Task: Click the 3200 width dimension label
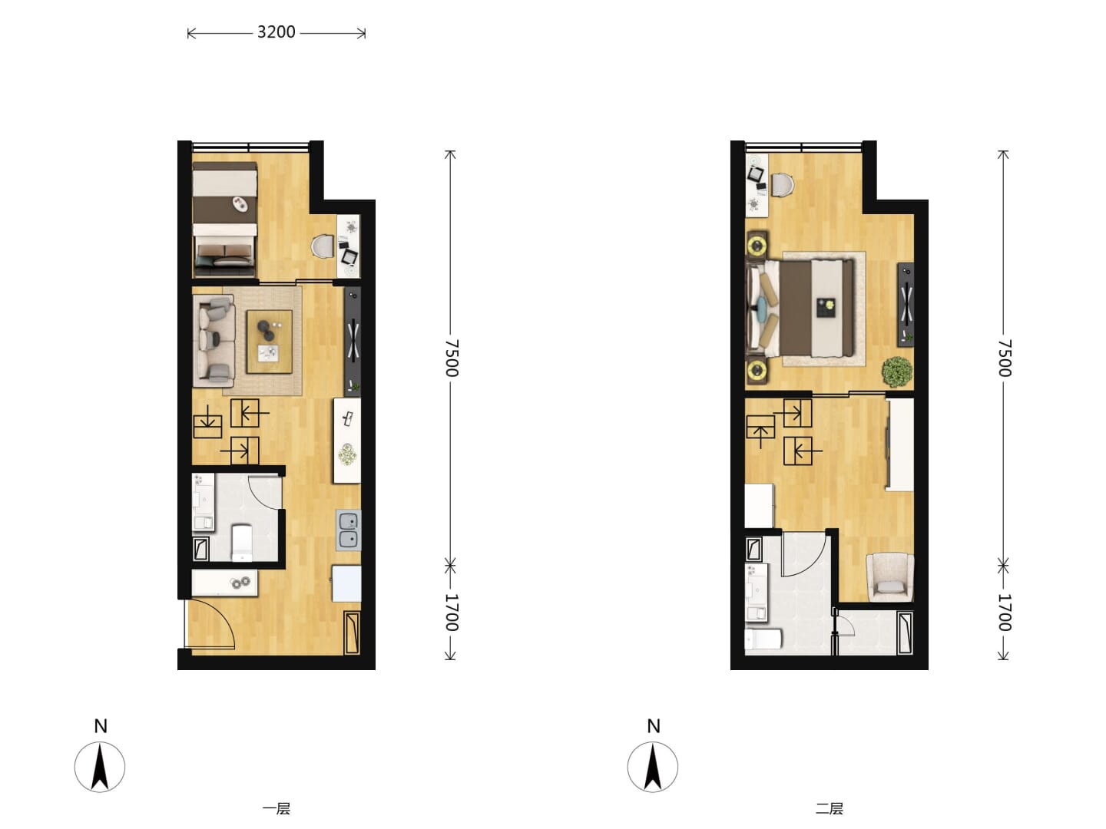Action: pos(276,32)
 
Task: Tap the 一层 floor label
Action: pos(276,808)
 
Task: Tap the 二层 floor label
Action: pos(829,808)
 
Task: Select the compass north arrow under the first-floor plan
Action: pos(100,767)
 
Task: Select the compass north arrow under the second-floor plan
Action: pos(653,767)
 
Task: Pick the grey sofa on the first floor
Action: pos(214,340)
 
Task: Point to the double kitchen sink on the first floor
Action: pos(348,530)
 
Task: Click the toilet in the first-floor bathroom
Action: pos(241,542)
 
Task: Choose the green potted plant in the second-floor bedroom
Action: pos(897,372)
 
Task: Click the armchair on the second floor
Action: pos(890,577)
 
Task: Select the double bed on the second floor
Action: pos(801,308)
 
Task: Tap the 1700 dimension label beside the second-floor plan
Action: pos(1005,613)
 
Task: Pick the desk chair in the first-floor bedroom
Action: pos(323,246)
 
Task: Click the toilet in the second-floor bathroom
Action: pos(763,639)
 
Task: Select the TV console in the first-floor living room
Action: pos(353,341)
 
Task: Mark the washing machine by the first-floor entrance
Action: pos(346,583)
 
